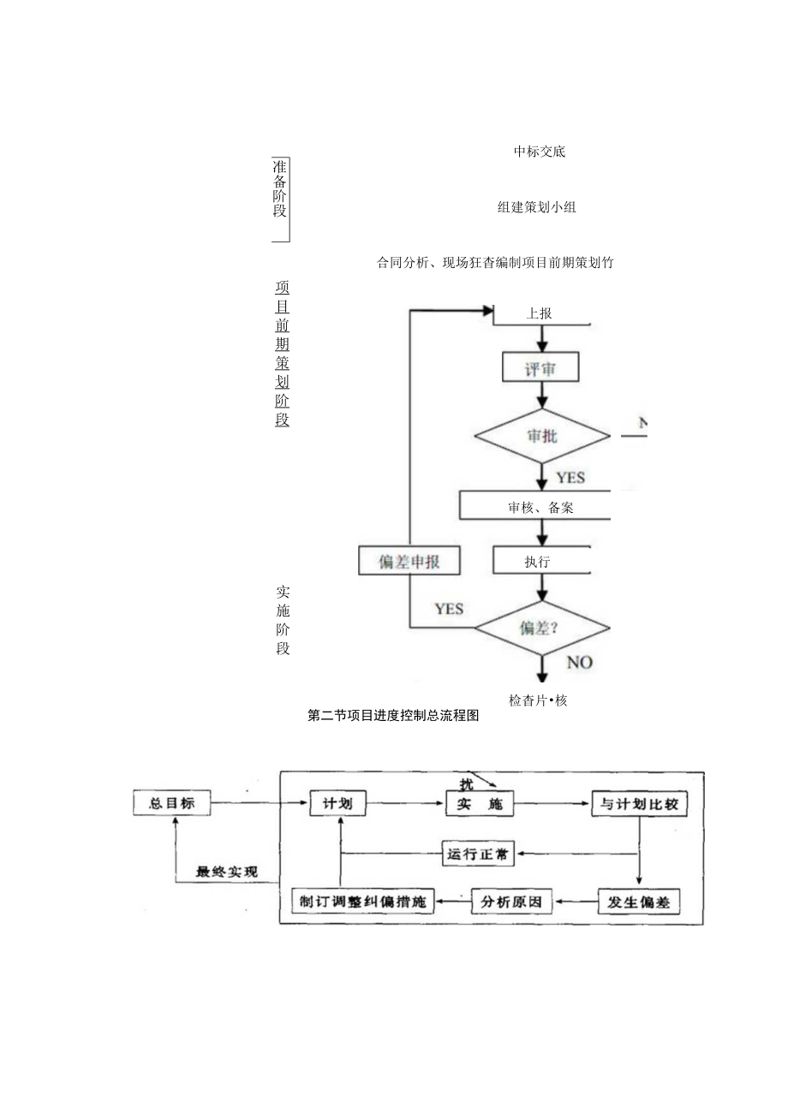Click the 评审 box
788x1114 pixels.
pyautogui.click(x=540, y=368)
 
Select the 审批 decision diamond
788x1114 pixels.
pyautogui.click(x=542, y=436)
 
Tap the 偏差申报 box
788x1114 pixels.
pyautogui.click(x=409, y=561)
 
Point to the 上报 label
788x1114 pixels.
pyautogui.click(x=539, y=313)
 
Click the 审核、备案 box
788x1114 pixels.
pyautogui.click(x=540, y=507)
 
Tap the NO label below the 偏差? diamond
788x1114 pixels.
pyautogui.click(x=579, y=663)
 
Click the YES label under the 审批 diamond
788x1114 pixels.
pyautogui.click(x=570, y=477)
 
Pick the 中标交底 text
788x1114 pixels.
pyautogui.click(x=540, y=152)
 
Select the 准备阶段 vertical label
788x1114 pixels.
pyautogui.click(x=280, y=188)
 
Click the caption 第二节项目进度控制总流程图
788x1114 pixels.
pyautogui.click(x=393, y=717)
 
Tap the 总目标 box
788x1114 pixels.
pyautogui.click(x=172, y=804)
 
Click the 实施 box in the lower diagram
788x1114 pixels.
pyautogui.click(x=479, y=804)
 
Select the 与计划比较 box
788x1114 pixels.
pyautogui.click(x=639, y=804)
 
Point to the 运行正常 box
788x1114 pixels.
pyautogui.click(x=477, y=853)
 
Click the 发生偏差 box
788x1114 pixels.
pyautogui.click(x=639, y=902)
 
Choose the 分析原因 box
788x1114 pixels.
pyautogui.click(x=512, y=902)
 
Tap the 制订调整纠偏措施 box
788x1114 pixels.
pyautogui.click(x=363, y=902)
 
